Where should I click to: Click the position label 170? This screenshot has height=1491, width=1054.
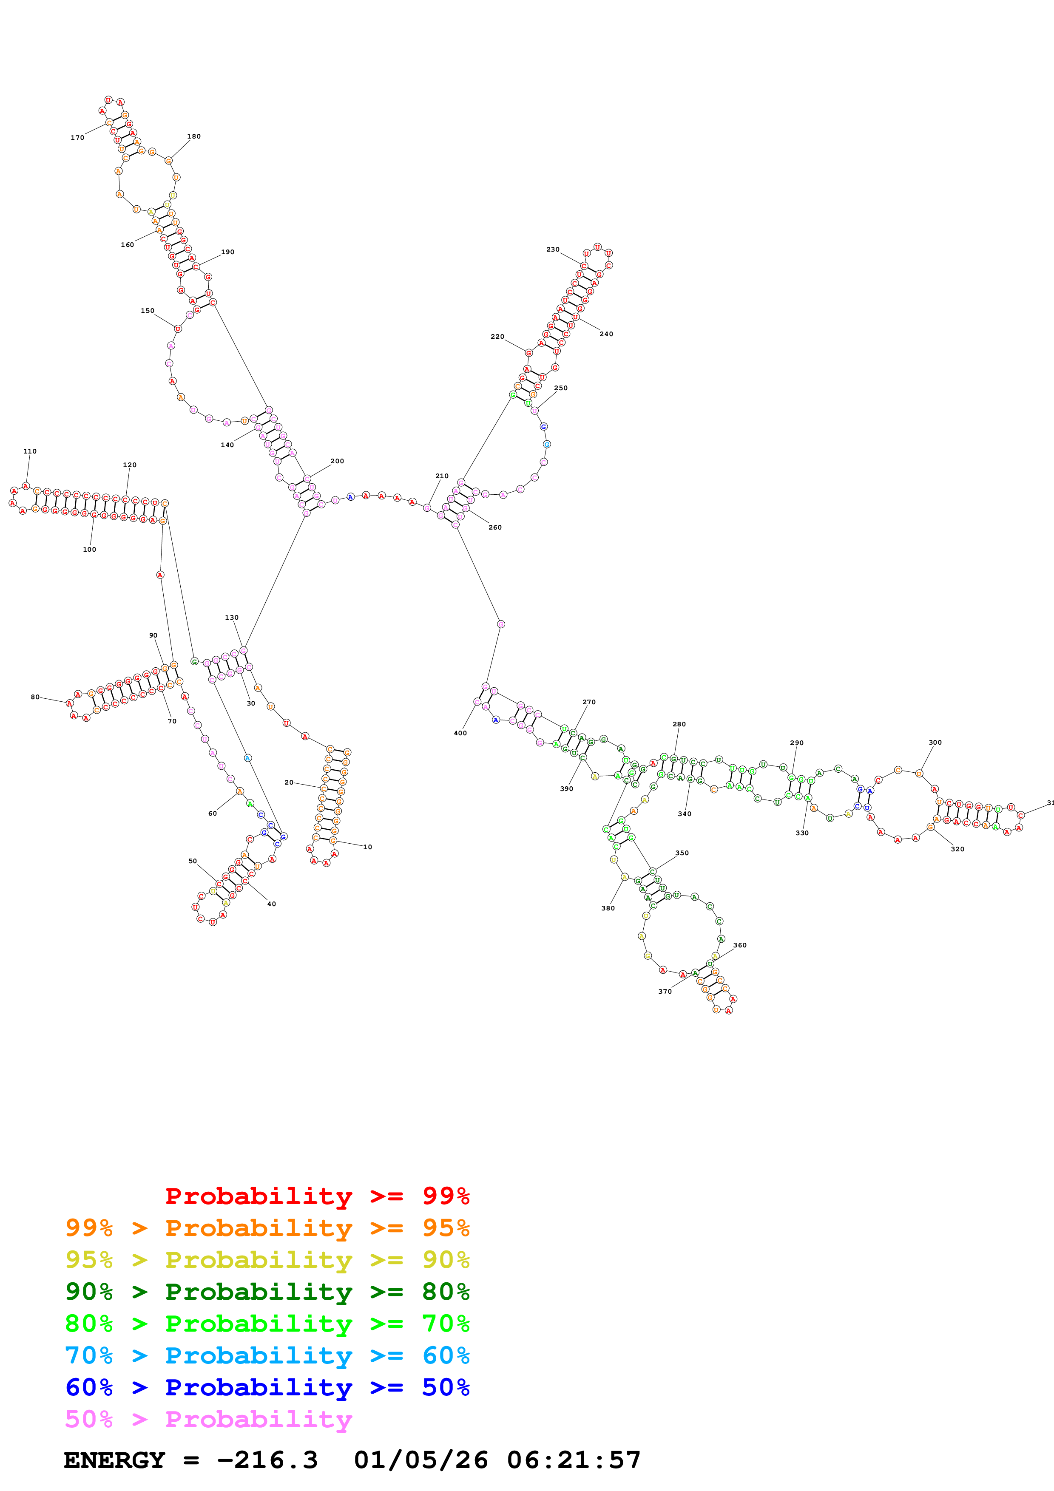pos(77,138)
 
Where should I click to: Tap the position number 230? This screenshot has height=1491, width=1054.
pos(553,249)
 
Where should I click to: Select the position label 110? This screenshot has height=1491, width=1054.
pos(30,451)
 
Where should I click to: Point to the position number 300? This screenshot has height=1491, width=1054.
pos(935,742)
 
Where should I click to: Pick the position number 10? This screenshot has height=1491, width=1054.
pos(368,847)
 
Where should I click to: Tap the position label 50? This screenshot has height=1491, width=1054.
pos(193,861)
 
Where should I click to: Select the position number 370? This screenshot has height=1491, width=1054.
pos(665,992)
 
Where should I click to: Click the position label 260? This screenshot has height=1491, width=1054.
pos(495,527)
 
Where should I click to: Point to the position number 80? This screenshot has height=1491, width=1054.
pos(35,697)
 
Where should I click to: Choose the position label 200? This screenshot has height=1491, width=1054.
pos(337,461)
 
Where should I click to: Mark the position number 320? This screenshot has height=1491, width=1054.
pos(957,849)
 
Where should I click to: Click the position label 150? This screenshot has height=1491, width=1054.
pos(148,310)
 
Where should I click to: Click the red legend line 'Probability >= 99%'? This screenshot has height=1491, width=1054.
pos(317,1196)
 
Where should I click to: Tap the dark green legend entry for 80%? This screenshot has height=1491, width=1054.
pos(267,1292)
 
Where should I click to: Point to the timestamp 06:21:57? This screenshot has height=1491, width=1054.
pos(574,1460)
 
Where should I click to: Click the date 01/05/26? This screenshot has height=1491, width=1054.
pos(421,1460)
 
